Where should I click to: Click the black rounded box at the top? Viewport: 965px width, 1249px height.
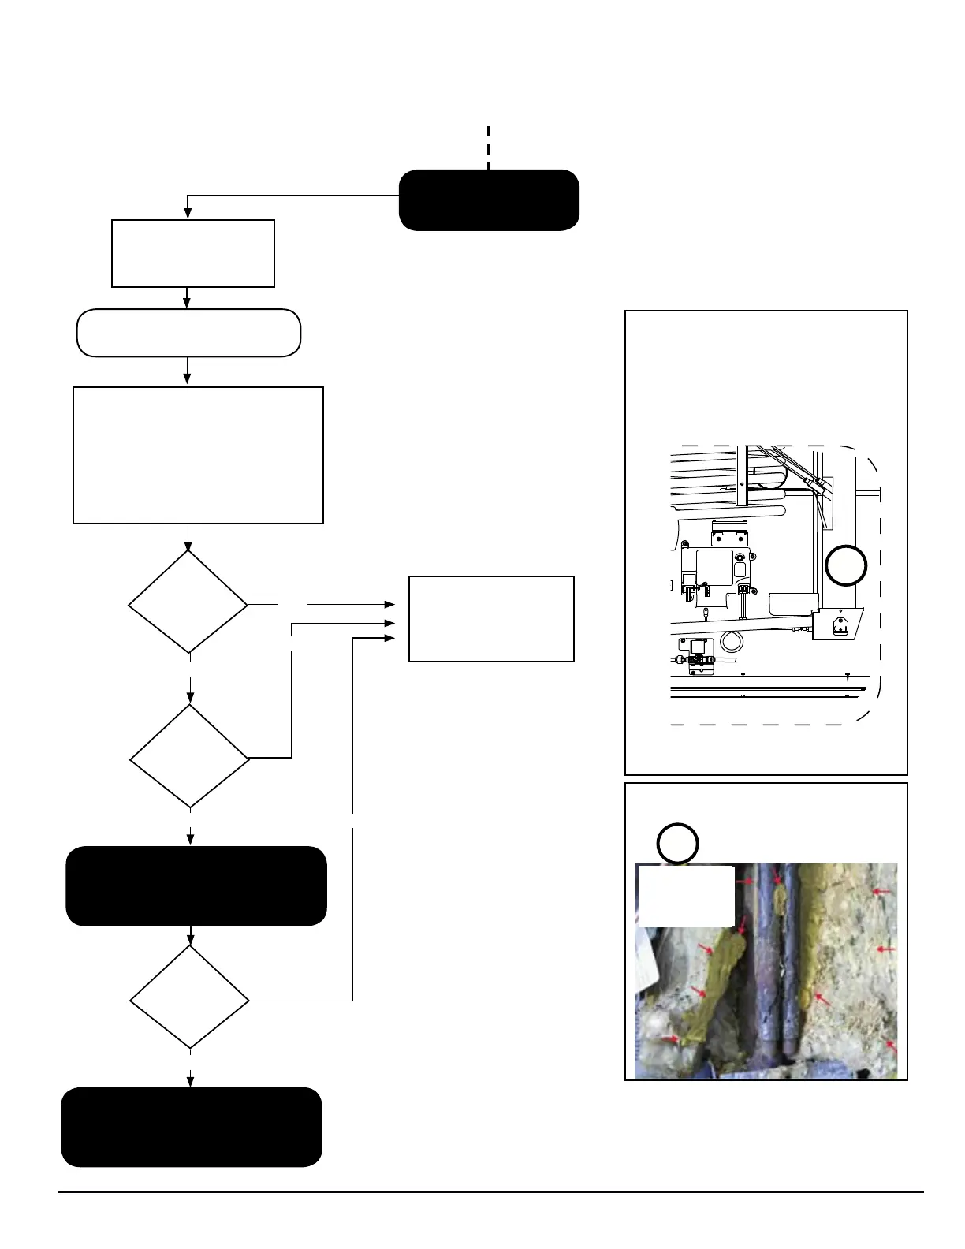click(x=489, y=199)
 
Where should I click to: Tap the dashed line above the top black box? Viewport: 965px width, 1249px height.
click(x=489, y=147)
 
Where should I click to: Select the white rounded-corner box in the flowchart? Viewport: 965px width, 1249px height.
click(x=188, y=333)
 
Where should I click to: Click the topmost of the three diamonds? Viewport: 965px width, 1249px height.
click(x=188, y=602)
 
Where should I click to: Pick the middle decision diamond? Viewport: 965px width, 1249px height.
click(x=189, y=756)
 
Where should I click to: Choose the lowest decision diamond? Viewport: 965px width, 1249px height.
click(x=189, y=997)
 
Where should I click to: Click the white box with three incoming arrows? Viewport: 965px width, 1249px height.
click(x=490, y=619)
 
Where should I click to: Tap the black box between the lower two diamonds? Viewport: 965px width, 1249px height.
click(x=196, y=886)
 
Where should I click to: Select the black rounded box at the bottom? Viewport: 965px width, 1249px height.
click(x=192, y=1127)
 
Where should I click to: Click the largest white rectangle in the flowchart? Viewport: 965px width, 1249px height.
click(x=198, y=455)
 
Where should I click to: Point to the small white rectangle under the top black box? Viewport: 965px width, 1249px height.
click(x=193, y=253)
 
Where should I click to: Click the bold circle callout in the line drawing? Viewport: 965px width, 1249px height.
click(x=846, y=565)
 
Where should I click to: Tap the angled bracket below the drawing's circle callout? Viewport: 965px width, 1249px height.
click(x=838, y=623)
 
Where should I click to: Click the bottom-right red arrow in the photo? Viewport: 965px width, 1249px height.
click(x=891, y=1046)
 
